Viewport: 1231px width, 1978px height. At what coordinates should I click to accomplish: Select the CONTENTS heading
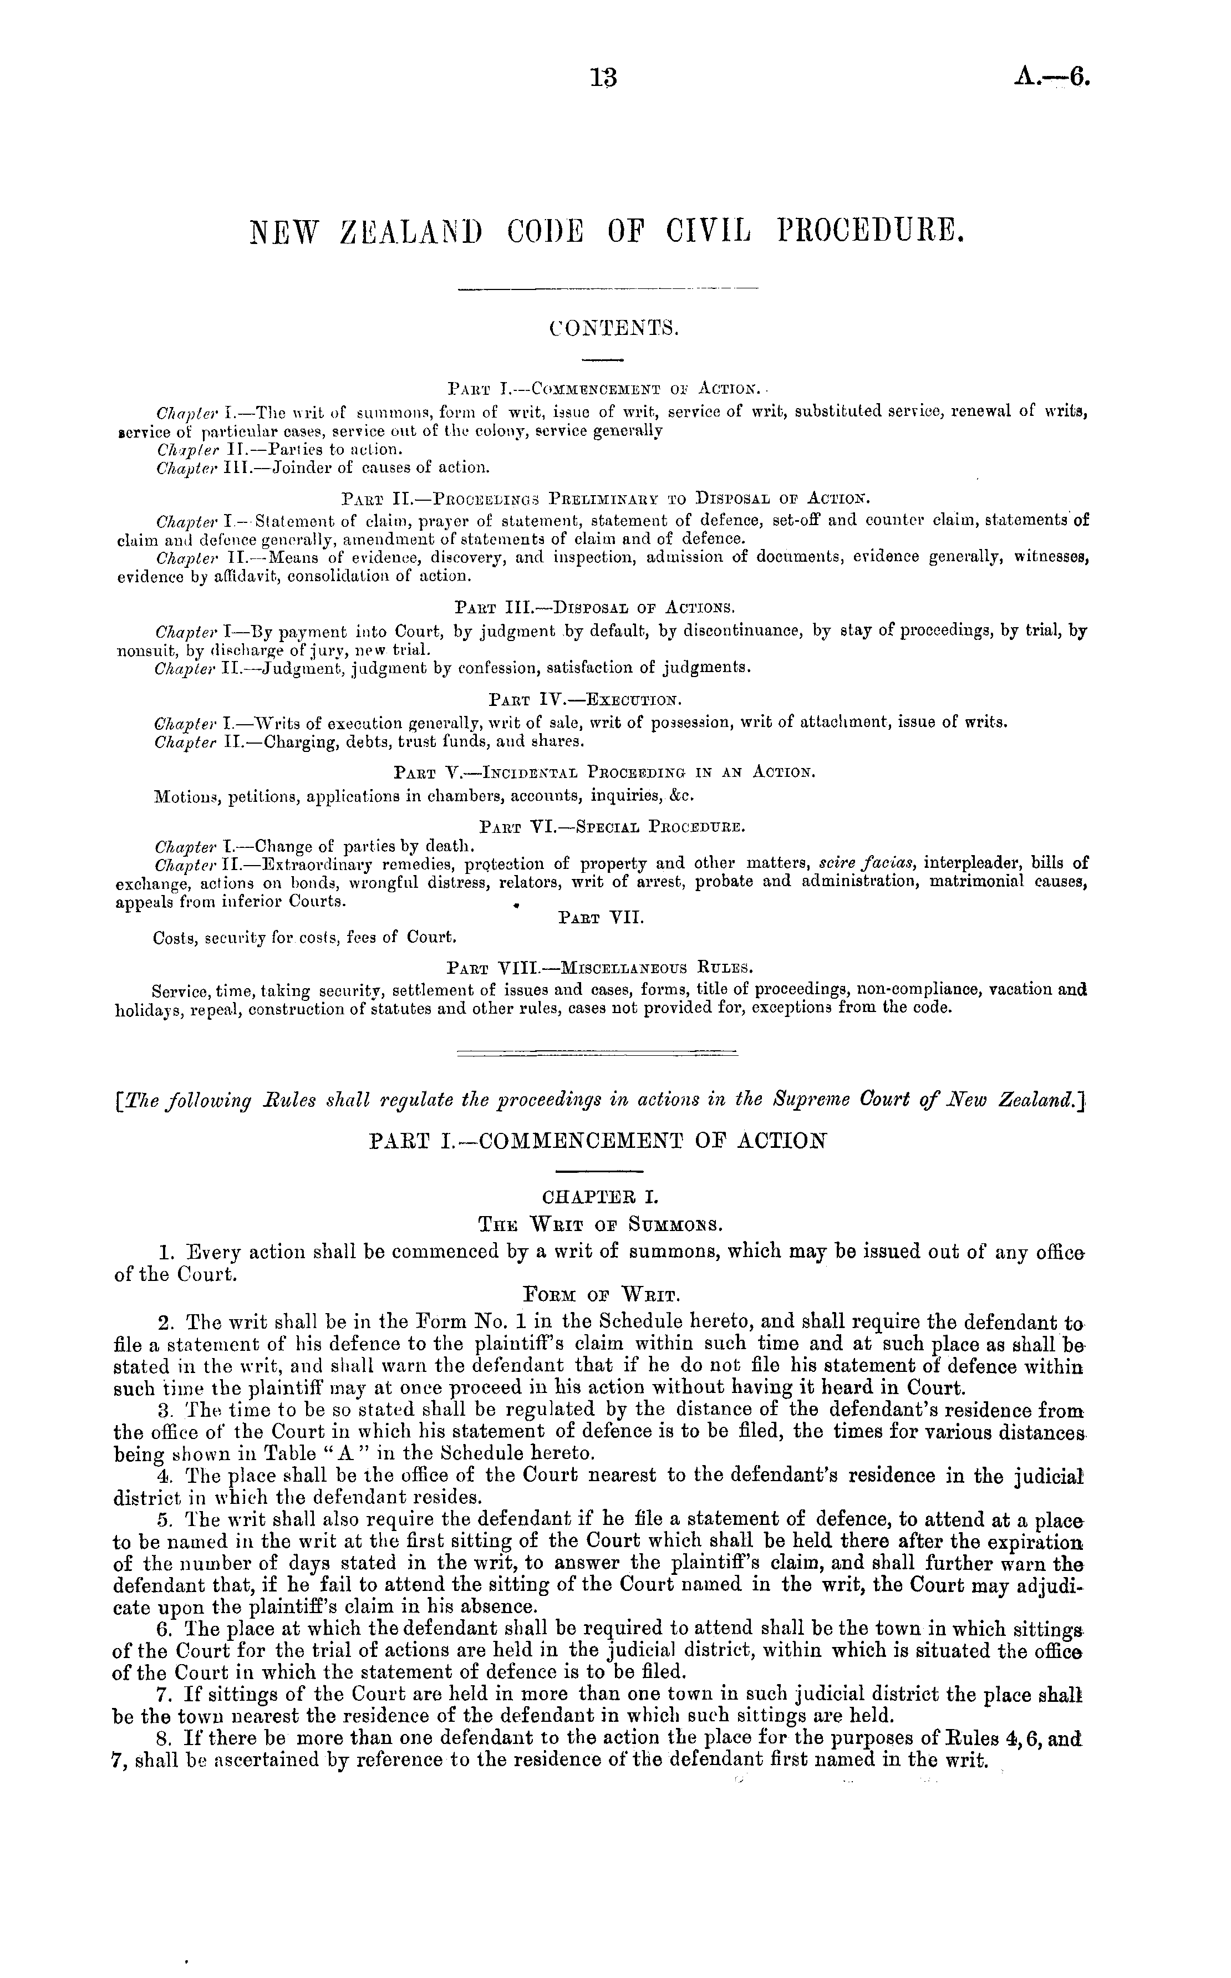(x=613, y=328)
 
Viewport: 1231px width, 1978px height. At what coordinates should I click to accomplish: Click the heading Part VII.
(x=601, y=917)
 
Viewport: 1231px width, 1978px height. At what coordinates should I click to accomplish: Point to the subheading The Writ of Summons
(x=603, y=1223)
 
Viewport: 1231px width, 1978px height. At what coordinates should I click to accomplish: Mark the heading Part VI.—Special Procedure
(x=613, y=827)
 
